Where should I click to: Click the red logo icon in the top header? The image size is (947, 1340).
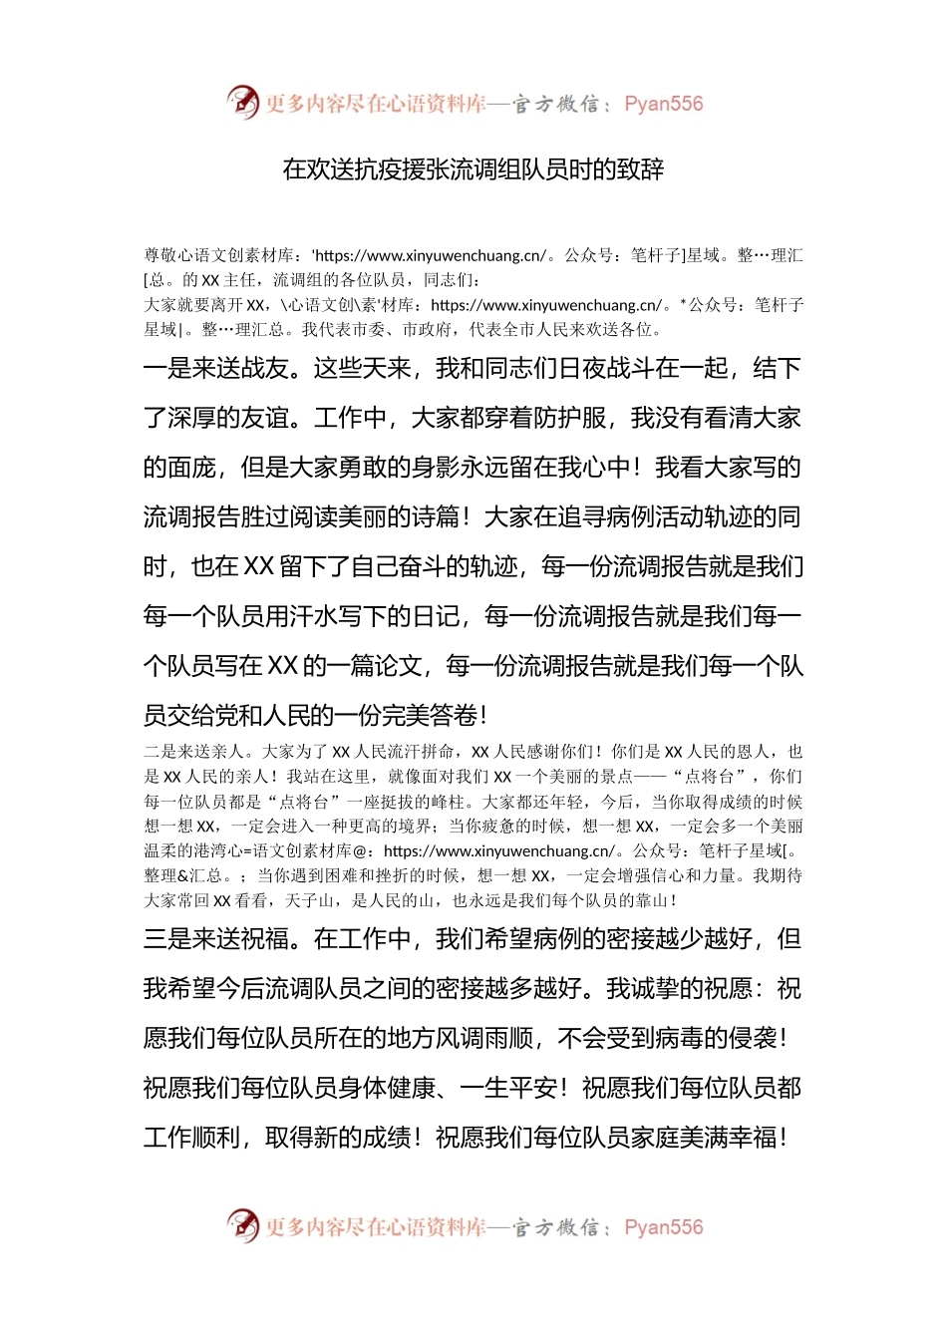pyautogui.click(x=242, y=102)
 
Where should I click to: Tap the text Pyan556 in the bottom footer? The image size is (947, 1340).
pyautogui.click(x=663, y=1227)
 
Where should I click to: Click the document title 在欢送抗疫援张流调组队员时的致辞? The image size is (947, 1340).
pyautogui.click(x=473, y=168)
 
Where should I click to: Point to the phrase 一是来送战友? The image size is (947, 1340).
pyautogui.click(x=215, y=368)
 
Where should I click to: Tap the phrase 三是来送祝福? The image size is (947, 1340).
pyautogui.click(x=215, y=939)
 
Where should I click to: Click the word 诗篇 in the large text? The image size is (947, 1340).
pyautogui.click(x=435, y=516)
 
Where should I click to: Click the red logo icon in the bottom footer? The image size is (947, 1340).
pyautogui.click(x=242, y=1225)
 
